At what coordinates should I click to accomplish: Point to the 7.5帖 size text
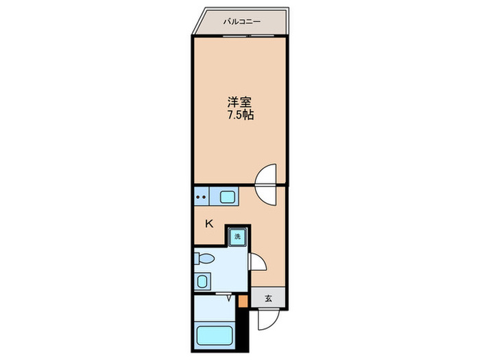point(240,115)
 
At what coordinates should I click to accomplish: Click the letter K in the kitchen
point(210,223)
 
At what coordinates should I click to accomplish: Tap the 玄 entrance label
point(269,298)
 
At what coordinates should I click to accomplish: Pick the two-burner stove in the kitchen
point(202,197)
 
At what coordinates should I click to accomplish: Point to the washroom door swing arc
point(256,262)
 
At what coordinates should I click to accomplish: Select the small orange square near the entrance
point(242,300)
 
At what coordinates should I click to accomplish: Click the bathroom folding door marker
point(227,296)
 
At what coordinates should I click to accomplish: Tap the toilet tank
point(196,259)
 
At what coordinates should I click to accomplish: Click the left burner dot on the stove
point(198,197)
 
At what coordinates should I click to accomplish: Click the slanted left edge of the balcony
point(198,21)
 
